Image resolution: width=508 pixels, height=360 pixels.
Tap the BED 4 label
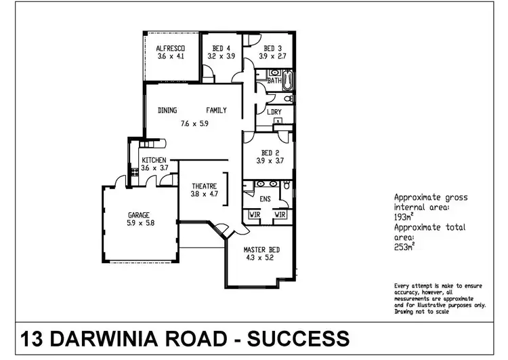[x=221, y=48]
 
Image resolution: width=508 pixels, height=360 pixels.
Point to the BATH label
[x=274, y=81]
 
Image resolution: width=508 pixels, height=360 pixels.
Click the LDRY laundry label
[x=274, y=112]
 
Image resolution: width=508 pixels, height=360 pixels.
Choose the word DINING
[x=169, y=111]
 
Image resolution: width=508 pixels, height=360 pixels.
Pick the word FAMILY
[x=216, y=111]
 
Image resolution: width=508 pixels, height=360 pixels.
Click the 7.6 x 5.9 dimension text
[x=194, y=124]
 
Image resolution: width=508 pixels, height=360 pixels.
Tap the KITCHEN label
[x=154, y=160]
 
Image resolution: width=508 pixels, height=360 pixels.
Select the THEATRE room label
[x=204, y=185]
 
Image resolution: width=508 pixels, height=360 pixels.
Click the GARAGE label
[x=138, y=215]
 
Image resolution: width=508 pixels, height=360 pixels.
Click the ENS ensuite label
[x=265, y=199]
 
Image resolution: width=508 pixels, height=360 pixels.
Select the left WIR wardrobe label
[x=254, y=216]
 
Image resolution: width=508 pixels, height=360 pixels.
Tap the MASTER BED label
[x=261, y=249]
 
